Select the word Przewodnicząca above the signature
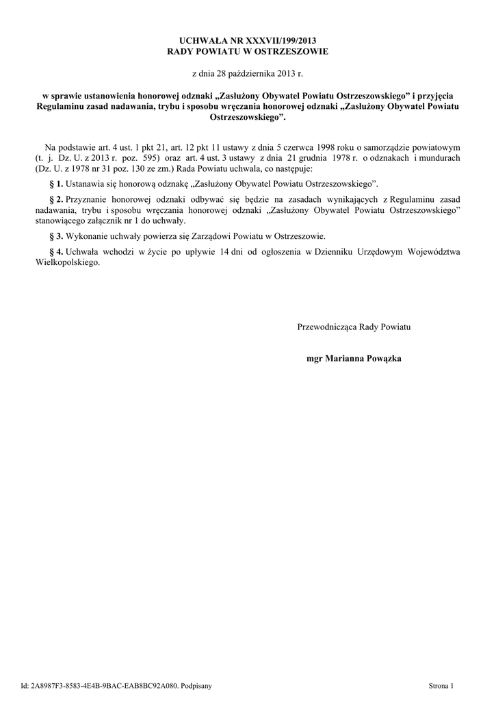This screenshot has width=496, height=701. [327, 327]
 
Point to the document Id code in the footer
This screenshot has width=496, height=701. [110, 685]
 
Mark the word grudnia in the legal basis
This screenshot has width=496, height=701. [321, 157]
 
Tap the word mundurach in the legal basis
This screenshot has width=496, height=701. [439, 157]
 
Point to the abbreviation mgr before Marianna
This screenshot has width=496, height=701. [315, 359]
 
